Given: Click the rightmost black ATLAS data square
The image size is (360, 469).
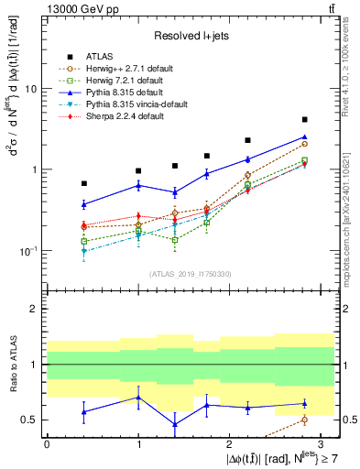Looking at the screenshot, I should [305, 120].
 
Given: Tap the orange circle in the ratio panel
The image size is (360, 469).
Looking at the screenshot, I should [305, 420].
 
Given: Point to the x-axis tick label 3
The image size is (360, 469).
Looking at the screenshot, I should [322, 443].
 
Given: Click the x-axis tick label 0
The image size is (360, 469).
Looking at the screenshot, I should [47, 443].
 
